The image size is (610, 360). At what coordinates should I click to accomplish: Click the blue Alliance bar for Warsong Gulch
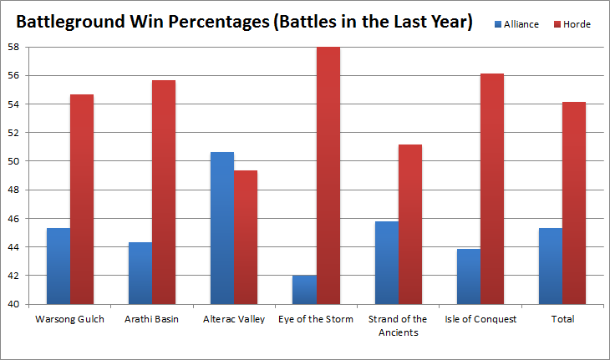pos(58,266)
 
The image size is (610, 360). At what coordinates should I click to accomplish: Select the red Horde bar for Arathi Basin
pos(164,192)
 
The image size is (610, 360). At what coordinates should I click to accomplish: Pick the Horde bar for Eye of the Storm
pos(328,175)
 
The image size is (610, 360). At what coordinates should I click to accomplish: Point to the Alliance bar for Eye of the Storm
pos(304,289)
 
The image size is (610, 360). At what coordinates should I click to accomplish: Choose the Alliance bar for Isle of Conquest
pos(469,276)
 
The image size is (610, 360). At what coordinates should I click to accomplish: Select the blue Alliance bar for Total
pos(551,266)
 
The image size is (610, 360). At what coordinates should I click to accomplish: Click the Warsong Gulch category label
pos(70,319)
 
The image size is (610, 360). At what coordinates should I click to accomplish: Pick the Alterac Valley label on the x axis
pos(234,319)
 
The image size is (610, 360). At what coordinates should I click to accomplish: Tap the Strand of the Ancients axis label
pos(398,325)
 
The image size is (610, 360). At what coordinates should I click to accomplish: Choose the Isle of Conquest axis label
pos(480,319)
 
